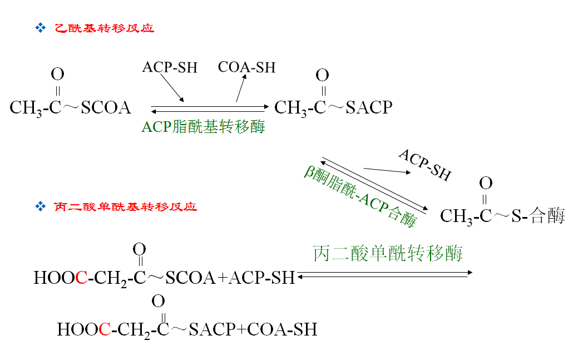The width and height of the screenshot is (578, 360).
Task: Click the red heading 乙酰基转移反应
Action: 104,28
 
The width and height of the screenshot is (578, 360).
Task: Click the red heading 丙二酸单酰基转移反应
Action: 125,207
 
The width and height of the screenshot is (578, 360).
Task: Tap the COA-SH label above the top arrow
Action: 246,67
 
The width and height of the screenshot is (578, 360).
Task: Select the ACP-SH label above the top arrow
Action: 170,67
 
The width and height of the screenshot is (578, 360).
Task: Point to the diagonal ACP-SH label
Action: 424,165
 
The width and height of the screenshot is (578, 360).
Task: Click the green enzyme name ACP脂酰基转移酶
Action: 203,127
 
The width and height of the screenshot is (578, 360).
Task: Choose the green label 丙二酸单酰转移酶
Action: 388,254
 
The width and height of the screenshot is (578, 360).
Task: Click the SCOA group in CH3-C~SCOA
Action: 106,107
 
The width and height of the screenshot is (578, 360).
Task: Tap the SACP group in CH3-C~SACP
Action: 369,107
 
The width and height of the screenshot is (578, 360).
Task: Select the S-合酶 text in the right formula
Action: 538,216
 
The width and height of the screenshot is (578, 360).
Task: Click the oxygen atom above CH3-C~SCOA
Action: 57,74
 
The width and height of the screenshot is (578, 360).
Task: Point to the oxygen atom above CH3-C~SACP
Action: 322,75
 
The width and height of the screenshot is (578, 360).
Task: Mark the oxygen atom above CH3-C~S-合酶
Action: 486,183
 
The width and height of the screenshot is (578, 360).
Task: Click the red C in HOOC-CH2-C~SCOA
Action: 81,277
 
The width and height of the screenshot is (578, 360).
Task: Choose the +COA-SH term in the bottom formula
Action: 277,329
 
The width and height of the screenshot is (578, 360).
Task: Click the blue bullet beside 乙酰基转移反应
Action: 39,28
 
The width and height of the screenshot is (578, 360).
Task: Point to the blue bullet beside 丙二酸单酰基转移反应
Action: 39,207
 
